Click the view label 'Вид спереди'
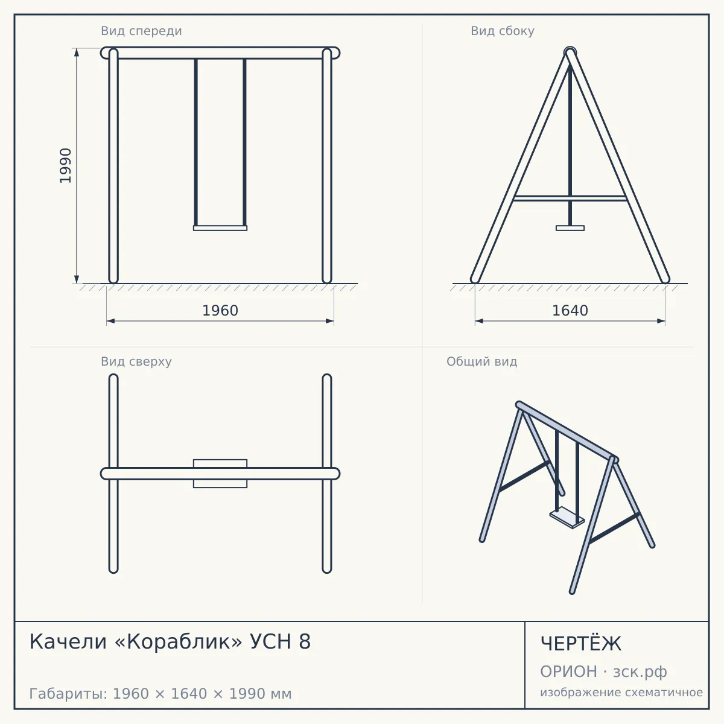[141, 31]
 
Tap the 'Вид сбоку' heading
[503, 31]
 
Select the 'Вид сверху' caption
[136, 361]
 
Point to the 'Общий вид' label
[481, 361]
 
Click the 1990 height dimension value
[65, 166]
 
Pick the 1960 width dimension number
[220, 311]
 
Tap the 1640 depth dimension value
[570, 311]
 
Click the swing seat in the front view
[220, 228]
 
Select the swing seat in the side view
[570, 228]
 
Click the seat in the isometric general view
[567, 517]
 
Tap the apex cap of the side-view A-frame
[570, 51]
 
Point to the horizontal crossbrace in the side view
[570, 198]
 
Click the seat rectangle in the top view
[220, 474]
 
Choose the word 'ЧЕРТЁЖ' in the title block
[581, 644]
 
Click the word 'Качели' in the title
[68, 641]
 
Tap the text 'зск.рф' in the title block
[640, 672]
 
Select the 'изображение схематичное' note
[621, 693]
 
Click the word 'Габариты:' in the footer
[68, 694]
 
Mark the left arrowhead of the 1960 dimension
[110, 321]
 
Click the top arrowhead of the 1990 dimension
[77, 52]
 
